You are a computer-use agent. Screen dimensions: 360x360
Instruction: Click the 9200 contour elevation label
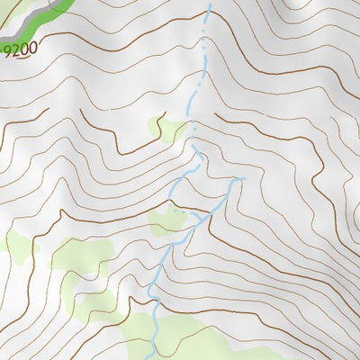pyautogui.click(x=22, y=51)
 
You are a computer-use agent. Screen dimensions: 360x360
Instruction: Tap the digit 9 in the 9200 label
pyautogui.click(x=9, y=51)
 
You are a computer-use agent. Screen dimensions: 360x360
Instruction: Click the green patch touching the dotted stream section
pyautogui.click(x=168, y=220)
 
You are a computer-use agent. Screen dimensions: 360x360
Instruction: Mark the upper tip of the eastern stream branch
pyautogui.click(x=241, y=180)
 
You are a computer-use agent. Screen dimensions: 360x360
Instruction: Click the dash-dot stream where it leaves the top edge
pyautogui.click(x=210, y=4)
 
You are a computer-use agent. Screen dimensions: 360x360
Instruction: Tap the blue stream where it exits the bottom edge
pyautogui.click(x=156, y=355)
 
